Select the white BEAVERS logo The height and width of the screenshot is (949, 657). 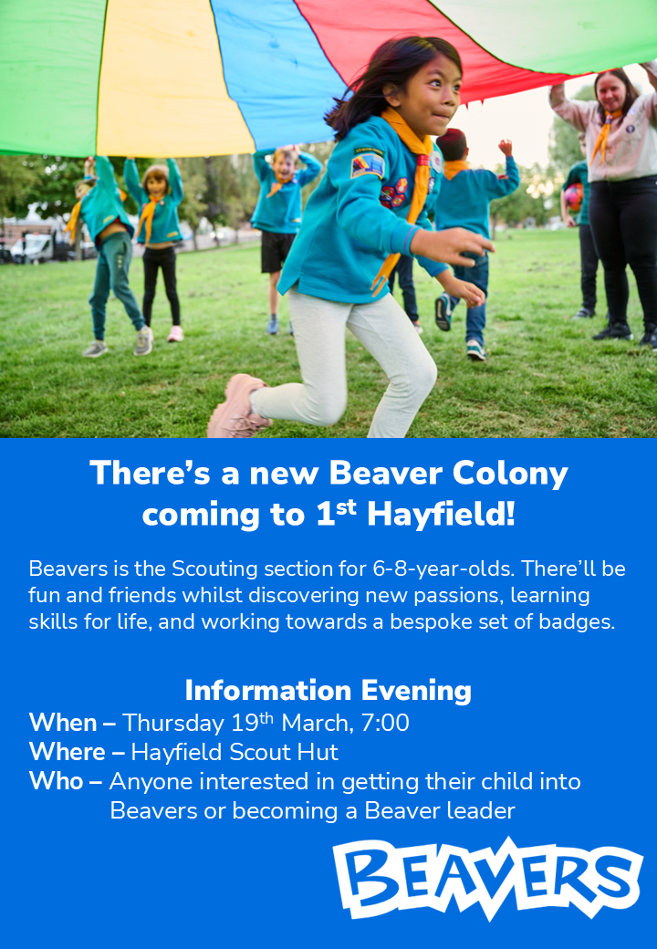click(x=487, y=879)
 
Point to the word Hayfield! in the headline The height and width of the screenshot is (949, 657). click(x=441, y=515)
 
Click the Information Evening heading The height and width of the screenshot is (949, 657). click(x=328, y=691)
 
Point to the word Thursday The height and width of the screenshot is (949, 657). click(x=173, y=724)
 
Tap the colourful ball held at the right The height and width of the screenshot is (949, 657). click(x=573, y=197)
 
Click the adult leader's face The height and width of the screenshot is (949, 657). click(x=612, y=92)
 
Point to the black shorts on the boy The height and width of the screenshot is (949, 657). click(x=278, y=252)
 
